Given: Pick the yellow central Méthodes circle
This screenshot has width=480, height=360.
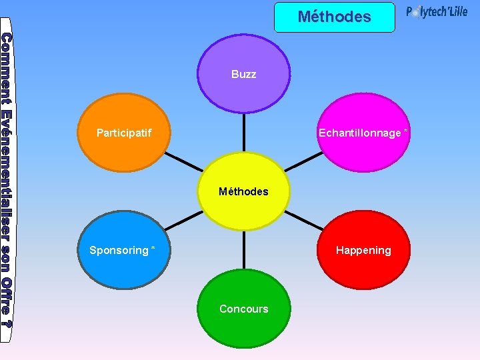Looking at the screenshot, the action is (244, 191).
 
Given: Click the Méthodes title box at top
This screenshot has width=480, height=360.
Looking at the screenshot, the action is (334, 17).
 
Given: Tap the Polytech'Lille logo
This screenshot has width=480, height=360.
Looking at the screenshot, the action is (437, 13).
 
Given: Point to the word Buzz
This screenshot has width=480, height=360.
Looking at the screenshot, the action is (243, 74).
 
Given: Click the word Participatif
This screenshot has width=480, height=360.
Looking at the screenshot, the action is (124, 133).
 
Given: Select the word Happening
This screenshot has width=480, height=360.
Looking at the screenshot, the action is (363, 250).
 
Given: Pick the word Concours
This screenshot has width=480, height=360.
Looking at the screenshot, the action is (244, 309).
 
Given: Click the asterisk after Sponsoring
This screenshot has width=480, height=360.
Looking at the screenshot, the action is (153, 249).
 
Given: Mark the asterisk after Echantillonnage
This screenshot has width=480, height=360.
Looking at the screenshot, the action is (406, 131).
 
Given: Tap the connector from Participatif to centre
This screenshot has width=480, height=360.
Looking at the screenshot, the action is (181, 161).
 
